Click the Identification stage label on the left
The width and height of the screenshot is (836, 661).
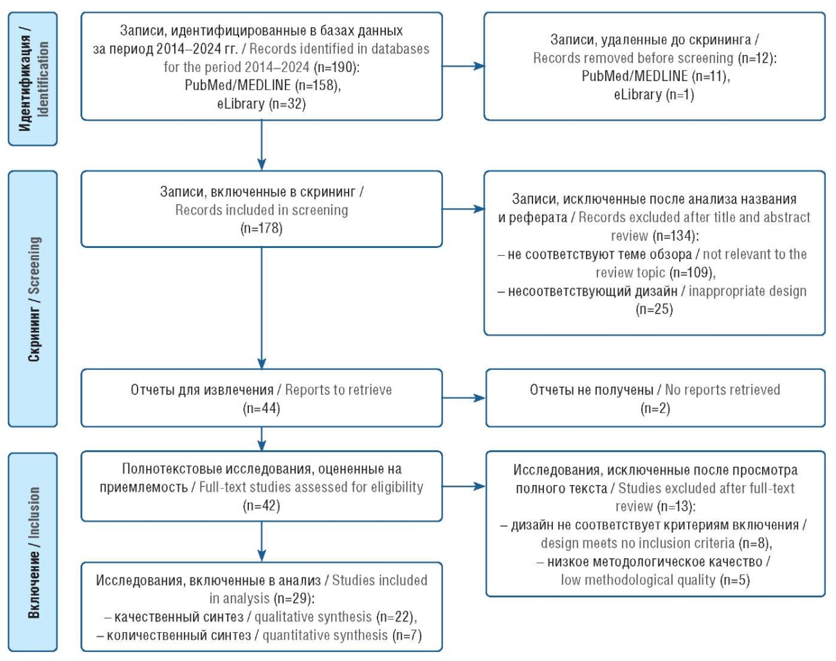click(33, 79)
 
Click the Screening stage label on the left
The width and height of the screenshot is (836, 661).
click(33, 299)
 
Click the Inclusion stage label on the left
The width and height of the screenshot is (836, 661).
click(33, 552)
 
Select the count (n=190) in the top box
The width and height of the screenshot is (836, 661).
click(335, 67)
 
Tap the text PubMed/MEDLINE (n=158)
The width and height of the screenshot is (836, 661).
click(262, 85)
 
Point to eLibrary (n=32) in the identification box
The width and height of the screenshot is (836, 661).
click(262, 103)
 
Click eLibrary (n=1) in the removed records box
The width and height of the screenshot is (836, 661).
click(654, 94)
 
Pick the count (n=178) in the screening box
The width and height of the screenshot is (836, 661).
click(262, 228)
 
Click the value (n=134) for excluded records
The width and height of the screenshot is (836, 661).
click(675, 236)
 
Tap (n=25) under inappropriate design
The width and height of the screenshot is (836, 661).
click(654, 310)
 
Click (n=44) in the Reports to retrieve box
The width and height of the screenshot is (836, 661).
click(262, 409)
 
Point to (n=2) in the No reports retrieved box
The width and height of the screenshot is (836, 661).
click(655, 409)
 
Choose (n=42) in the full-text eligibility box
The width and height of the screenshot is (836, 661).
click(262, 506)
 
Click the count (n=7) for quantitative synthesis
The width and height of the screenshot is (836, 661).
click(406, 635)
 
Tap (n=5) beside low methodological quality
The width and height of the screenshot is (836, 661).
click(734, 580)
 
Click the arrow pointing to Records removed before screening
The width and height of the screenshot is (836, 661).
click(464, 66)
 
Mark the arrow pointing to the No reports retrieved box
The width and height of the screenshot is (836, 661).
click(464, 398)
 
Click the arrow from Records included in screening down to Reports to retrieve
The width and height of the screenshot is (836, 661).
click(262, 308)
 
